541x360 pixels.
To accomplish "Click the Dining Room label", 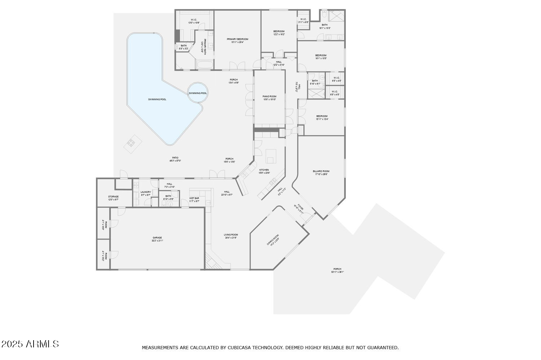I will (273, 240).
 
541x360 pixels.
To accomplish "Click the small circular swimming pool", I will (198, 93).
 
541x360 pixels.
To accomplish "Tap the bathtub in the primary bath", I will (204, 65).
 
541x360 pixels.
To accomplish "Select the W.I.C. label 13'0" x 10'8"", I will (194, 21).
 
